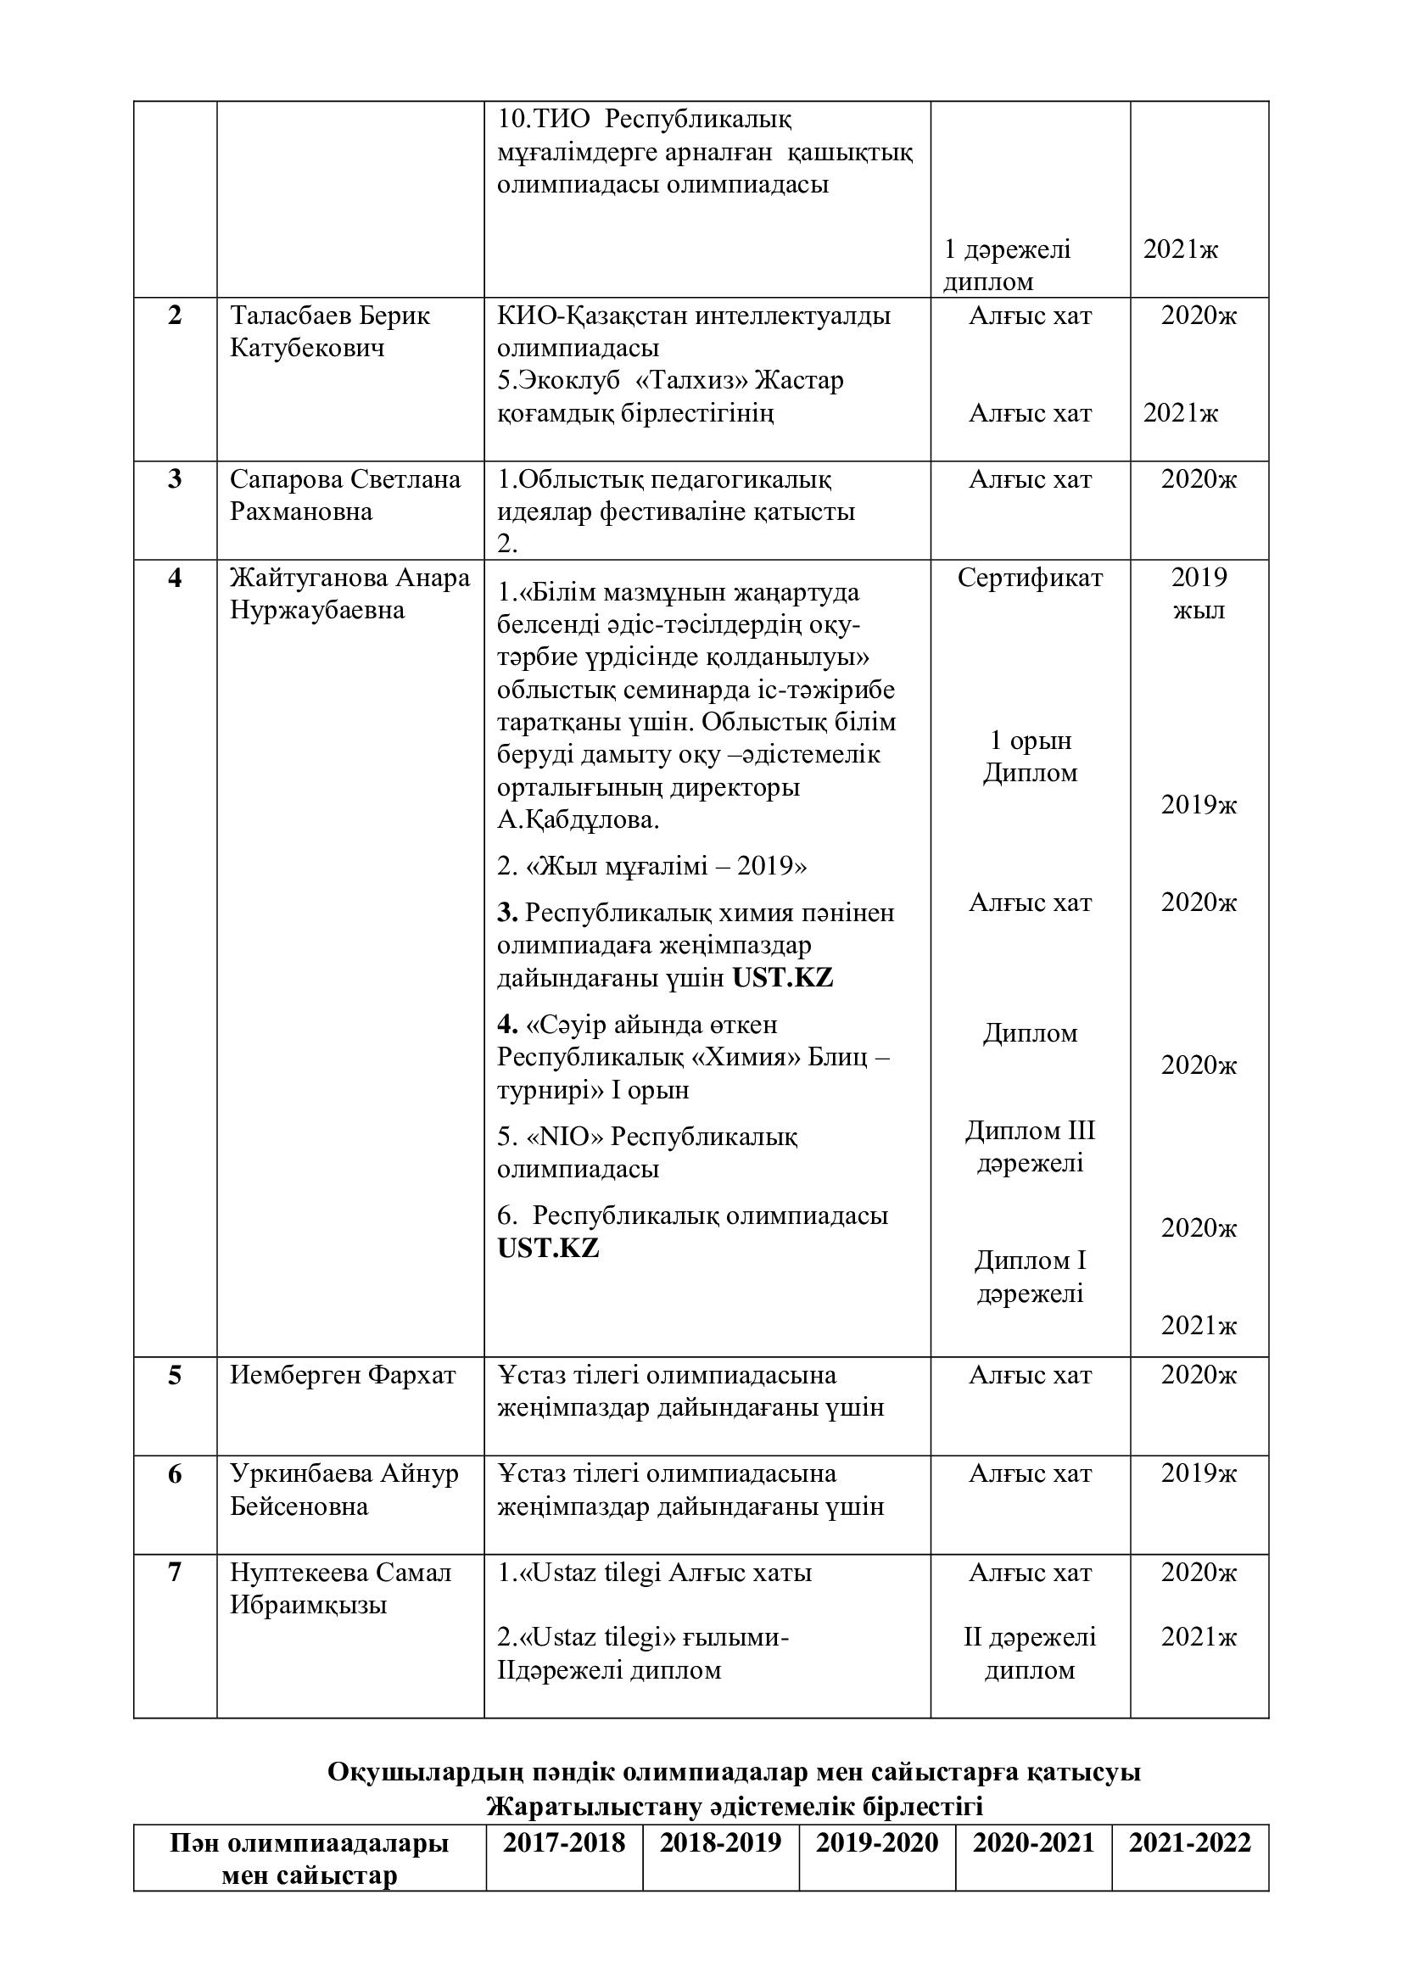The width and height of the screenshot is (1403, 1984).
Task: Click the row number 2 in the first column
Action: pyautogui.click(x=175, y=316)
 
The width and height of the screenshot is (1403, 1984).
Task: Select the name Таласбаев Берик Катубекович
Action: pyautogui.click(x=329, y=332)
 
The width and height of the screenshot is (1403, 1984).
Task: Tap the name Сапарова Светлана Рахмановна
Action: pyautogui.click(x=344, y=495)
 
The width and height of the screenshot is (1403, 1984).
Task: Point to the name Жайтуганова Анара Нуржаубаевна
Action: pyautogui.click(x=349, y=594)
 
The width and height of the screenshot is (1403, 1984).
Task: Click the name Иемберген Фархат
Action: pyautogui.click(x=342, y=1375)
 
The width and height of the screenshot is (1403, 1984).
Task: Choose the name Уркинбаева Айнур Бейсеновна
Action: pyautogui.click(x=343, y=1489)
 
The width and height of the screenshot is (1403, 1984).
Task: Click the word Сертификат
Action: pyautogui.click(x=1030, y=578)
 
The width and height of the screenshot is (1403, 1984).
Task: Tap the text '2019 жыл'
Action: pyautogui.click(x=1199, y=594)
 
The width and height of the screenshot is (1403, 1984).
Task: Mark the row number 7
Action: pyautogui.click(x=175, y=1572)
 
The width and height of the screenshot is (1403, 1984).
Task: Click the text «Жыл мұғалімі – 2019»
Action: pyautogui.click(x=651, y=866)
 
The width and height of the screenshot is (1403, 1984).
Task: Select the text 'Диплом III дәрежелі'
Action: pyautogui.click(x=1030, y=1146)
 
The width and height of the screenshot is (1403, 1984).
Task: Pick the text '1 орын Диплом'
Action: pyautogui.click(x=1030, y=756)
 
